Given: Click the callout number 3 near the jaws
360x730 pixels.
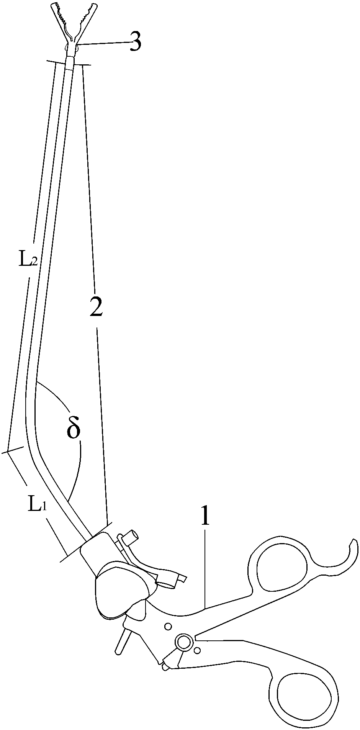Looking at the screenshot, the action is pos(135,43).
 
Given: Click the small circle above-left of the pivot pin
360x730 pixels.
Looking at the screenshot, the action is pos(167,626).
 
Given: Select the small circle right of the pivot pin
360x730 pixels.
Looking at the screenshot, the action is pos(197,650).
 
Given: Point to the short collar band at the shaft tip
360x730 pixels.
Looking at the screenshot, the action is pos(69,63).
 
